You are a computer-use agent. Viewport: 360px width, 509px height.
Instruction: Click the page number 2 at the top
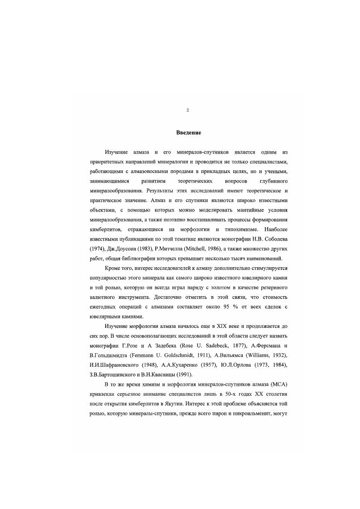[187, 110]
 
